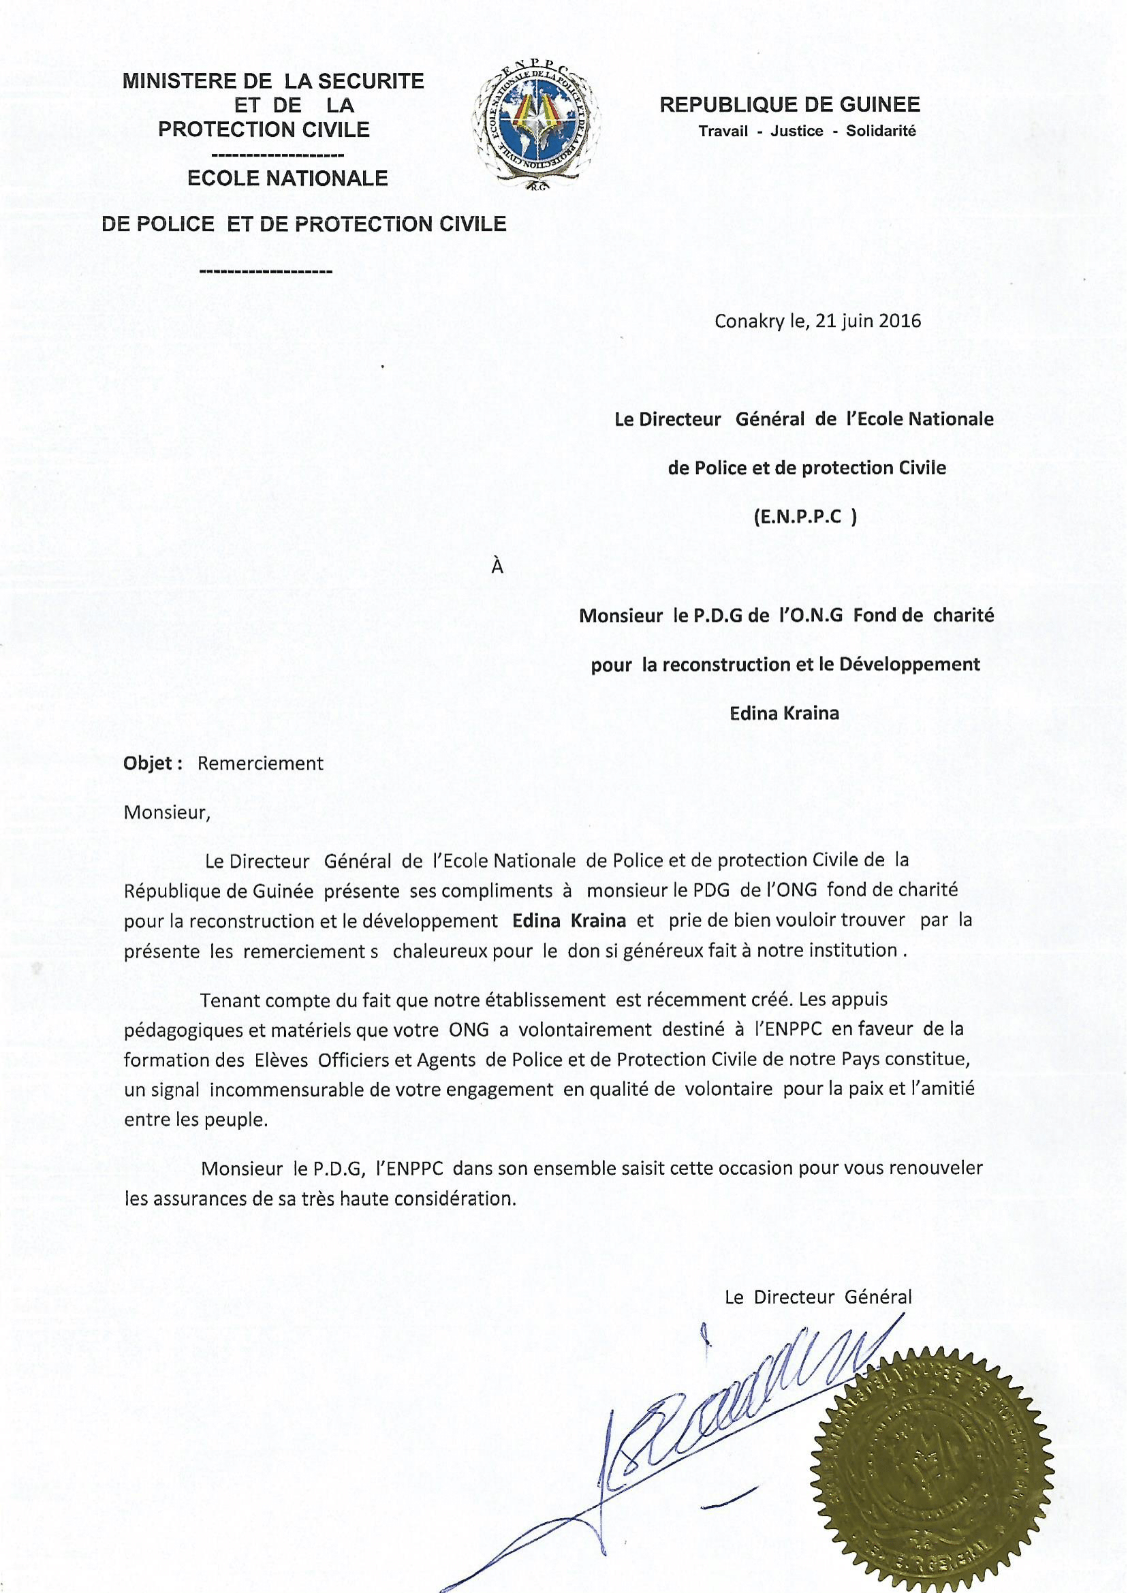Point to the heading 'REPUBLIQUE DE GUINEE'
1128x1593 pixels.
[789, 105]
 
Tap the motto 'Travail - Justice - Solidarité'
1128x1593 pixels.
[807, 131]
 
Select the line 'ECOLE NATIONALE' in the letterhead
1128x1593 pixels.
[287, 178]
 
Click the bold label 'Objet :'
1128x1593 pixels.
[153, 763]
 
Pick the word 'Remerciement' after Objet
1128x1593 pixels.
[260, 763]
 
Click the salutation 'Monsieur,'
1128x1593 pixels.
[167, 812]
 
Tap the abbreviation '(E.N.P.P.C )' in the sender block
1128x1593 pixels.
[805, 518]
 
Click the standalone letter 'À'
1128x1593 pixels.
[497, 567]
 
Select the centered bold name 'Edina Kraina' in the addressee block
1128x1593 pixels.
[784, 713]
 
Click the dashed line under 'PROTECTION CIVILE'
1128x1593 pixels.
[277, 153]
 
